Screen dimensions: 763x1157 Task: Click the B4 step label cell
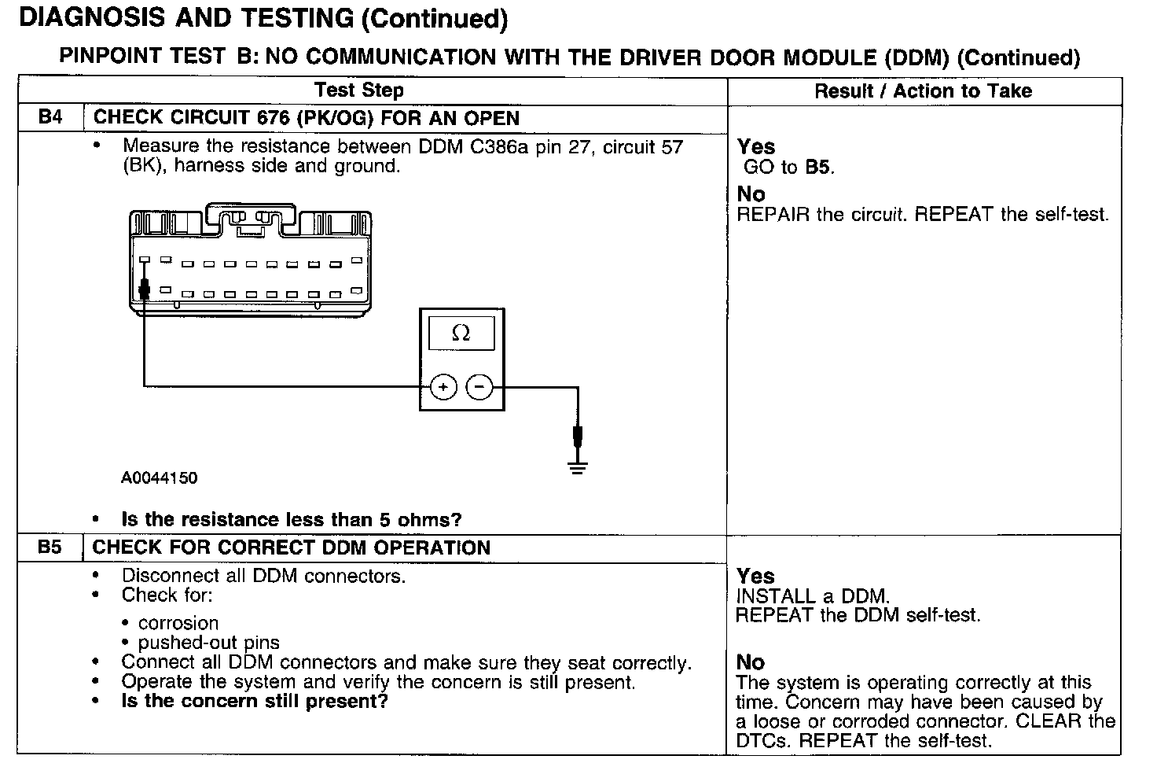50,118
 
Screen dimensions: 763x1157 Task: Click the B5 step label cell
50,547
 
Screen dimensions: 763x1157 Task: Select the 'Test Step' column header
359,90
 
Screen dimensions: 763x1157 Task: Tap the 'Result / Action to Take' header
923,91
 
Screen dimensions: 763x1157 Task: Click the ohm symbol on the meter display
461,334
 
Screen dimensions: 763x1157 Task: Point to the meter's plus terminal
443,387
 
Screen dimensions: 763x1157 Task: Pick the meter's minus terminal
479,387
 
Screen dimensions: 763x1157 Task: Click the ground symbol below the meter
578,469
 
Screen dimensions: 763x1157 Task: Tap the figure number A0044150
160,478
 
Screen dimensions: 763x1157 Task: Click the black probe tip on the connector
144,290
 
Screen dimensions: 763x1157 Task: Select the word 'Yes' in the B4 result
756,147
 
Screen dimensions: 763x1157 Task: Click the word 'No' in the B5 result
751,662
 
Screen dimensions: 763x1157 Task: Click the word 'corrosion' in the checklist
178,623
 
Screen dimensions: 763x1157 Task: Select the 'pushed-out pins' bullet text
208,643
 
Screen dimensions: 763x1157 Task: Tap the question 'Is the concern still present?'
255,701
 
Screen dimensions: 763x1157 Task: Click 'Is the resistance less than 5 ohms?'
292,520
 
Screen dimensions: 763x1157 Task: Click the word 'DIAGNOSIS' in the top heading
86,19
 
